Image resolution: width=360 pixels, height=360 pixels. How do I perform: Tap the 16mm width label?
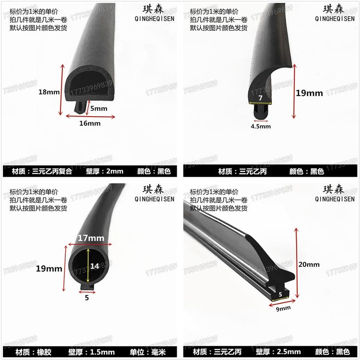pyautogui.click(x=89, y=123)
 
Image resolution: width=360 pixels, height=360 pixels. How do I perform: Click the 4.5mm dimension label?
pyautogui.click(x=261, y=126)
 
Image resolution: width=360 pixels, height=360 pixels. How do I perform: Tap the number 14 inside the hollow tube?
pyautogui.click(x=95, y=265)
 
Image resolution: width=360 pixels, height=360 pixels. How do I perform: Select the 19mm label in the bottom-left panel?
pyautogui.click(x=49, y=269)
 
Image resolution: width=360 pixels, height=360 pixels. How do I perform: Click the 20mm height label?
pyautogui.click(x=310, y=264)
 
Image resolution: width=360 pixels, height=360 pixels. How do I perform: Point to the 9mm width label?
pyautogui.click(x=282, y=308)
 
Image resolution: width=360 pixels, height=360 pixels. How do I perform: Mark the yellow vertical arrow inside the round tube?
pyautogui.click(x=88, y=265)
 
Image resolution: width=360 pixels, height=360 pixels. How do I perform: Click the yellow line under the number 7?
pyautogui.click(x=260, y=103)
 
